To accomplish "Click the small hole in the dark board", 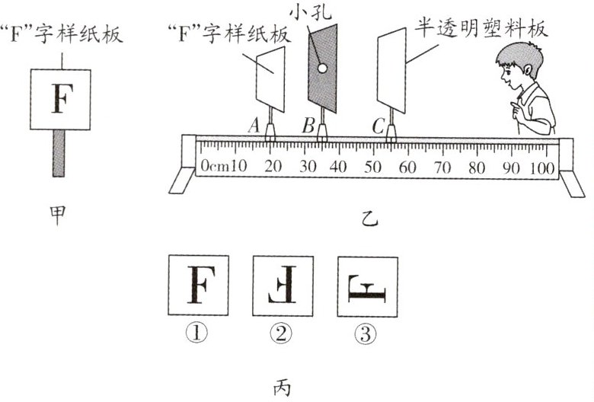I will (322, 69).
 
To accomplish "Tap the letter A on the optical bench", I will (254, 125).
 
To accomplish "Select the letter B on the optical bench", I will (308, 125).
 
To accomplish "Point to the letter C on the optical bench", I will (378, 125).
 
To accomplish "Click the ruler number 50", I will (373, 166).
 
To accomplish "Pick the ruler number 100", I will (542, 166).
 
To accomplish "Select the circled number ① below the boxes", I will (196, 333).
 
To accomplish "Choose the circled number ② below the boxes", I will (282, 333).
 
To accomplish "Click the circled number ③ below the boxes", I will (368, 333).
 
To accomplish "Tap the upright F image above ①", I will (197, 286).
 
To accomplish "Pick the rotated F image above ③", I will (368, 286).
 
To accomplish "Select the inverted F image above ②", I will (283, 286).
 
